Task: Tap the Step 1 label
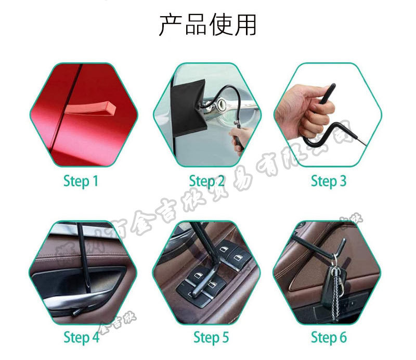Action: [81, 181]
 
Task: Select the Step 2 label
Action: [207, 181]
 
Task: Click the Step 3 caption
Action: [328, 181]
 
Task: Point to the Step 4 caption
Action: [81, 337]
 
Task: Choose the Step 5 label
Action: [211, 337]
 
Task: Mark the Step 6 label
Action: [328, 337]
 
